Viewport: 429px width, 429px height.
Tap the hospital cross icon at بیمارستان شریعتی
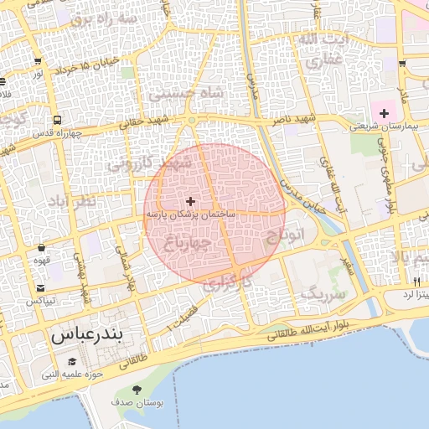pos(385,112)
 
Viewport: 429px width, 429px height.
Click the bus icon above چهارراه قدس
pos(57,120)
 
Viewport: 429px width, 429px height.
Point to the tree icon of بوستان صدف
pos(137,390)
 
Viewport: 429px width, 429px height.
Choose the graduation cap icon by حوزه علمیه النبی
pos(72,361)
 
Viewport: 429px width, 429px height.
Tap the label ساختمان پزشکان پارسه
pos(191,215)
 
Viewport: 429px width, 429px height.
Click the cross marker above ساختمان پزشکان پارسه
pos(191,201)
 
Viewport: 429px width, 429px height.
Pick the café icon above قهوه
pos(41,247)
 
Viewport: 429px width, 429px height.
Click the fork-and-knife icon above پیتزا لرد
pos(416,282)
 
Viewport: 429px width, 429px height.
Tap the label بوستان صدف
pos(137,403)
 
